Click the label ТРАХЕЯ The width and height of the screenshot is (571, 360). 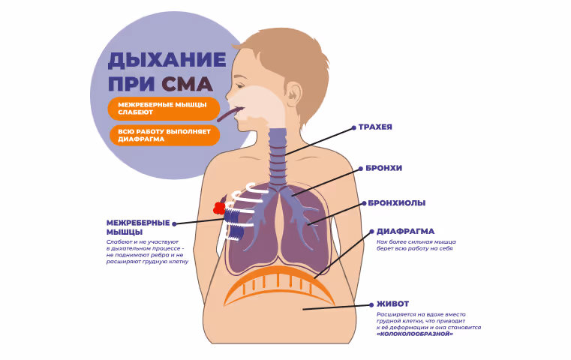[x=376, y=127]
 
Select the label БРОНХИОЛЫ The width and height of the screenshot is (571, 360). [x=397, y=203]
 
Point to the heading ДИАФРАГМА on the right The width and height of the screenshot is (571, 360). [x=405, y=231]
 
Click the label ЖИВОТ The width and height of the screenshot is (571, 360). [x=393, y=304]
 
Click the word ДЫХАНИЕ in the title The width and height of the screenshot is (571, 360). [x=167, y=59]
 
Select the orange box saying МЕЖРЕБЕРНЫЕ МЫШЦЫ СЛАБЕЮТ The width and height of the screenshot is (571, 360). [x=163, y=108]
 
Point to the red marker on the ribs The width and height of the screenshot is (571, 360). [x=219, y=207]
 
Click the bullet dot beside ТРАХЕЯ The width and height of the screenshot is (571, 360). [x=353, y=127]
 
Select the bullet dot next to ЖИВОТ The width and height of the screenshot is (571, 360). [x=371, y=304]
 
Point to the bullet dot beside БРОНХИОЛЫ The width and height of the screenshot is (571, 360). [x=364, y=203]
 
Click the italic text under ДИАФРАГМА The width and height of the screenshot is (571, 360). [x=416, y=246]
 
